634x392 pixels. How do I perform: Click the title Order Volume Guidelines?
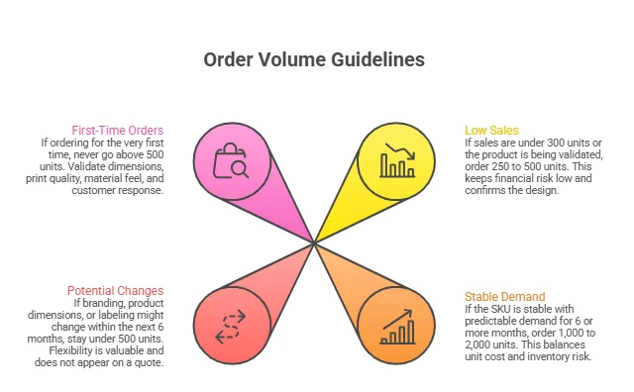pyautogui.click(x=314, y=59)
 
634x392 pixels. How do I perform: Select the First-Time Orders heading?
pyautogui.click(x=118, y=131)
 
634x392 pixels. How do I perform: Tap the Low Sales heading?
pyautogui.click(x=490, y=131)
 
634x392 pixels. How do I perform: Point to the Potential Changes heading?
pyautogui.click(x=114, y=291)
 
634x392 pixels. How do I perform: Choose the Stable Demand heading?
pyautogui.click(x=505, y=296)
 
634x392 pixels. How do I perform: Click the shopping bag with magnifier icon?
pyautogui.click(x=233, y=161)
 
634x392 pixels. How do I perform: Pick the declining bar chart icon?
pyautogui.click(x=397, y=161)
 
